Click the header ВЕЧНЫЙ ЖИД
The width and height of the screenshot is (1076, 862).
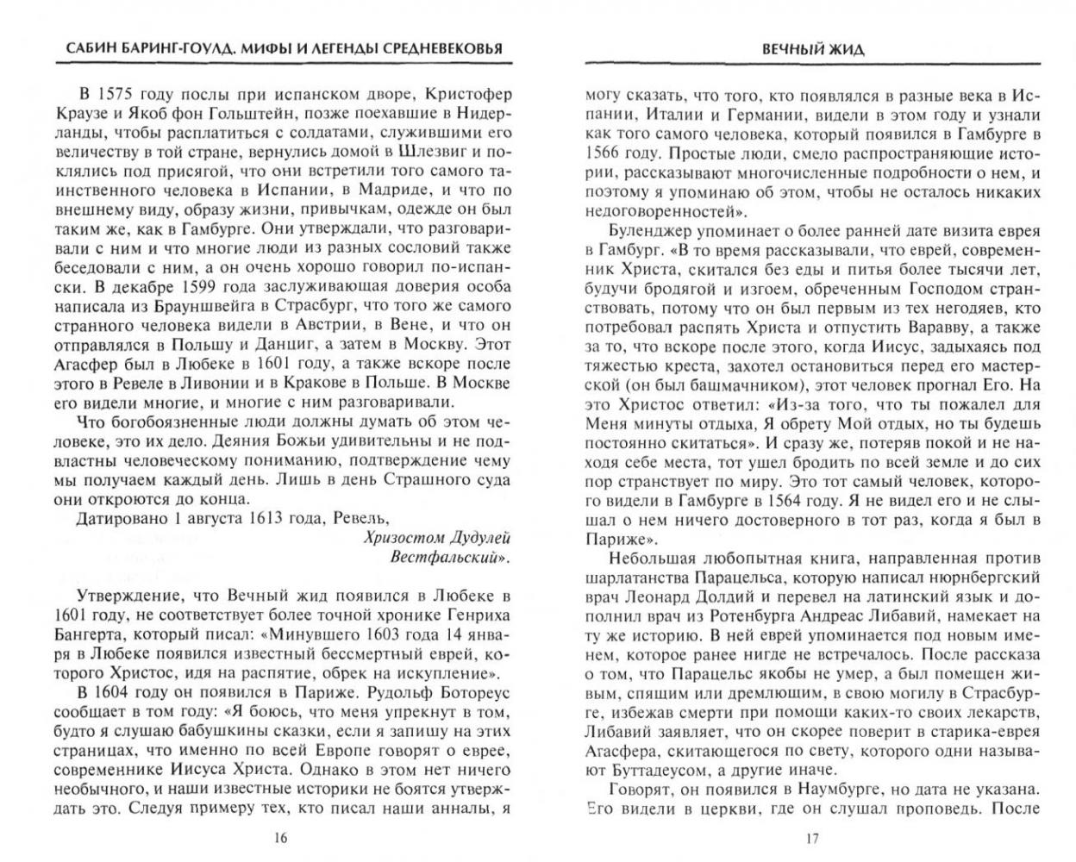click(x=813, y=51)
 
